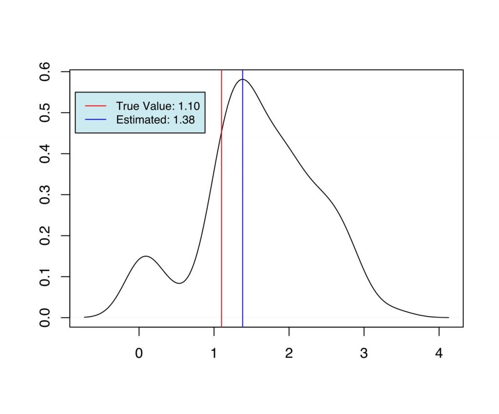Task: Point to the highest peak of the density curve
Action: (x=242, y=79)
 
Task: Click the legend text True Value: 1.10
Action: (x=158, y=106)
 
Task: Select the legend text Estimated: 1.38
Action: (x=155, y=119)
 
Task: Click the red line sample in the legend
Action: (x=95, y=106)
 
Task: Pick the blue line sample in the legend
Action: (x=95, y=119)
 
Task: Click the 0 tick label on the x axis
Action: (x=139, y=354)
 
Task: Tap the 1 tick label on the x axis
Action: (x=214, y=354)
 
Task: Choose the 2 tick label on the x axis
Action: (x=289, y=354)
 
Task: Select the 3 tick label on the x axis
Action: (x=364, y=354)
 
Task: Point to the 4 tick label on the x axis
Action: (x=439, y=354)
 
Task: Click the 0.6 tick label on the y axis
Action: (x=46, y=72)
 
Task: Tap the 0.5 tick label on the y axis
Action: (x=46, y=113)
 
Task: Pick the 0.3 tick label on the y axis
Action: (x=46, y=195)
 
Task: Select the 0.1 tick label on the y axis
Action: (x=46, y=277)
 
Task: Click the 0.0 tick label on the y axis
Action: (x=46, y=318)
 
